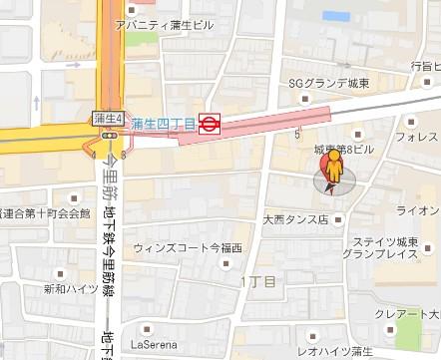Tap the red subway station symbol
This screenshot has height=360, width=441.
tap(210, 124)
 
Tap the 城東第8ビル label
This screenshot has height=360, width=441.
tap(343, 149)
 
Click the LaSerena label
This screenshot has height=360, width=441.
tap(165, 323)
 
